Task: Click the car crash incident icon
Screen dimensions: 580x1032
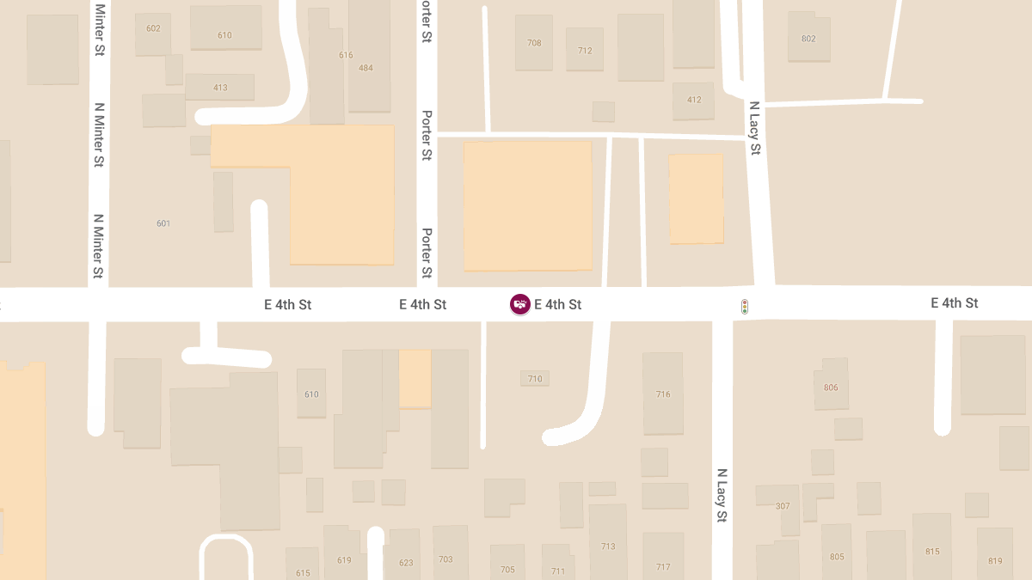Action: point(519,304)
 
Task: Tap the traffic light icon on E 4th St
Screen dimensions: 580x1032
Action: point(745,306)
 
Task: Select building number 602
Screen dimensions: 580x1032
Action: point(153,29)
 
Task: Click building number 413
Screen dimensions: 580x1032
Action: point(220,88)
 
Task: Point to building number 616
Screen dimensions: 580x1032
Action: point(346,55)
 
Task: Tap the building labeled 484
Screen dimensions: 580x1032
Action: point(365,68)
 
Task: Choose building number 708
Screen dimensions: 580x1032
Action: point(534,43)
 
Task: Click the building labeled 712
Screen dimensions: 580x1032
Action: point(585,51)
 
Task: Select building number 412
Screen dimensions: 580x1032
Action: point(694,100)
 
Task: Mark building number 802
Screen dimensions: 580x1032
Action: point(808,39)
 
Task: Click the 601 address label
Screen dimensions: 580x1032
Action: point(163,223)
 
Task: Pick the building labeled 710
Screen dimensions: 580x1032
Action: point(535,379)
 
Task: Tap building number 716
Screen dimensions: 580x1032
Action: point(663,394)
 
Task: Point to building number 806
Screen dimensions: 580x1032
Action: point(831,388)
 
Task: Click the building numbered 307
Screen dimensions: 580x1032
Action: point(783,506)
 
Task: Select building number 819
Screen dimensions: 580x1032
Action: point(995,561)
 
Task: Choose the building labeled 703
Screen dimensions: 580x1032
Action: point(445,559)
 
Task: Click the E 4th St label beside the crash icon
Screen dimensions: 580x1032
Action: point(558,304)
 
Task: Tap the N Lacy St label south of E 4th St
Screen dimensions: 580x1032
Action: point(722,496)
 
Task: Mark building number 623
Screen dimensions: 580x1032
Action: point(406,564)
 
